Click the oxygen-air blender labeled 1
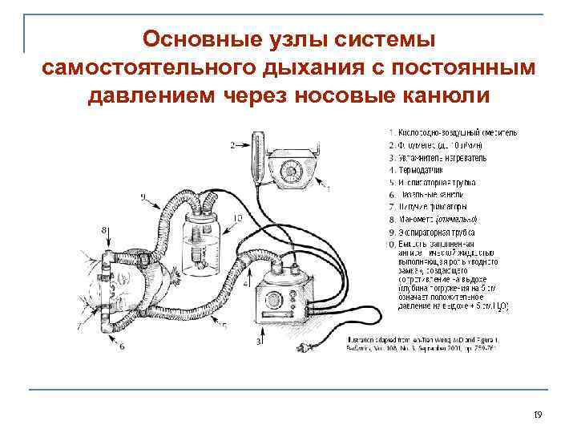point(292,169)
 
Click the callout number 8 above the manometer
point(105,230)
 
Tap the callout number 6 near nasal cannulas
point(122,346)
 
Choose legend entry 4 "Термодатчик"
point(422,170)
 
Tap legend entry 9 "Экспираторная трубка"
point(436,232)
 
